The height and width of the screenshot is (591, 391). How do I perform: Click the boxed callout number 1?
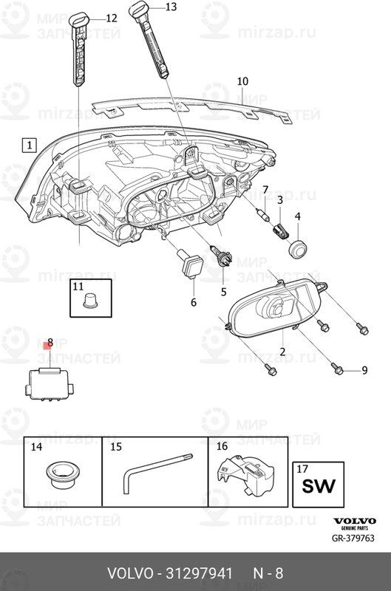click(x=29, y=145)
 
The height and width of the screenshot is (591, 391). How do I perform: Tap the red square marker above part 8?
click(x=48, y=345)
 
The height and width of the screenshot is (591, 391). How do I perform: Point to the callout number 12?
click(x=111, y=18)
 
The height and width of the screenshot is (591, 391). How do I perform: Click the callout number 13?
click(x=171, y=7)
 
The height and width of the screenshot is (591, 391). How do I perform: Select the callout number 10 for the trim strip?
click(x=242, y=81)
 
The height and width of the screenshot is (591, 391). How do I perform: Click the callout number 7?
click(x=265, y=190)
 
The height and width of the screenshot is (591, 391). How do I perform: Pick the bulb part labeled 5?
click(x=223, y=257)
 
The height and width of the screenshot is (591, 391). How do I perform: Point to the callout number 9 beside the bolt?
click(x=364, y=370)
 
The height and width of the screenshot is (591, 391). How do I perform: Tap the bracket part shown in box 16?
click(x=245, y=475)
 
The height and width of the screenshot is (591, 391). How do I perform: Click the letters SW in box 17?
click(x=319, y=486)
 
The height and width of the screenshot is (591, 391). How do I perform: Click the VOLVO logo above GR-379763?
click(x=355, y=521)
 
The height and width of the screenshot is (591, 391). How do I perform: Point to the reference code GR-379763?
click(x=353, y=538)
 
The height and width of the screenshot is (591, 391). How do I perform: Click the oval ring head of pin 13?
click(x=138, y=7)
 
